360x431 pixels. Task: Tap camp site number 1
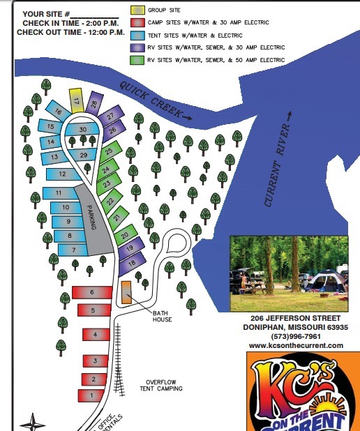(x=91, y=395)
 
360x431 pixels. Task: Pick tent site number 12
(x=63, y=174)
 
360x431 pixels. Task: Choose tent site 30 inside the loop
(x=83, y=129)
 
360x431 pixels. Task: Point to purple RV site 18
(x=131, y=262)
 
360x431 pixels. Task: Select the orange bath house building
(x=126, y=292)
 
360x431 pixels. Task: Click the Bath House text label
(x=163, y=317)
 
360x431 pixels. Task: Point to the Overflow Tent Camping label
(x=165, y=385)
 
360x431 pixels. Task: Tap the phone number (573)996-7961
(x=297, y=336)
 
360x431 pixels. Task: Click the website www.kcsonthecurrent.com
(x=296, y=346)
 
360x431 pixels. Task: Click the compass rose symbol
(x=32, y=423)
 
